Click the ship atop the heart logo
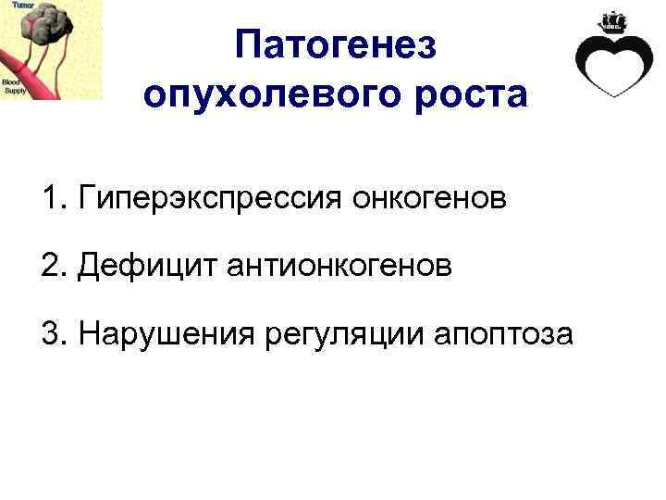613,19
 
